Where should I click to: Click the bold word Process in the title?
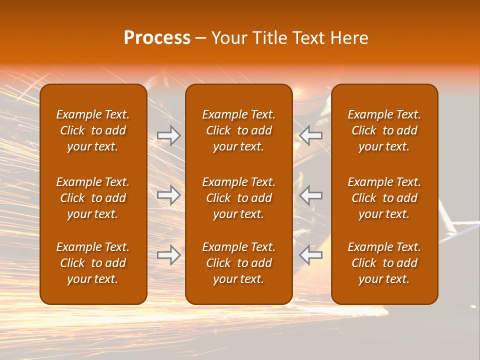(x=157, y=38)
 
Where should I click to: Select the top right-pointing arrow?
(x=168, y=135)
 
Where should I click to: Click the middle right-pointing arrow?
(x=168, y=195)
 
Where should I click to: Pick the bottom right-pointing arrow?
(x=168, y=255)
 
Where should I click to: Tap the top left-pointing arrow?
(x=310, y=135)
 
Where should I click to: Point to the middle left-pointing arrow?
(x=310, y=195)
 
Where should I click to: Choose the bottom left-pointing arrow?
(x=310, y=255)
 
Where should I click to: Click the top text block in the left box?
(x=93, y=130)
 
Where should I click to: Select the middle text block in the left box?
(x=93, y=198)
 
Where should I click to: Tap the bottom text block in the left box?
(x=93, y=263)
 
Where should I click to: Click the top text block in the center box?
(x=238, y=130)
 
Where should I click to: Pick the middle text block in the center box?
(x=238, y=198)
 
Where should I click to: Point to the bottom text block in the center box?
(x=238, y=263)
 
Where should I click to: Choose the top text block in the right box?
(x=384, y=130)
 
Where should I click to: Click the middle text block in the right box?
(x=384, y=198)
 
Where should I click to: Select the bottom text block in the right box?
(x=384, y=263)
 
